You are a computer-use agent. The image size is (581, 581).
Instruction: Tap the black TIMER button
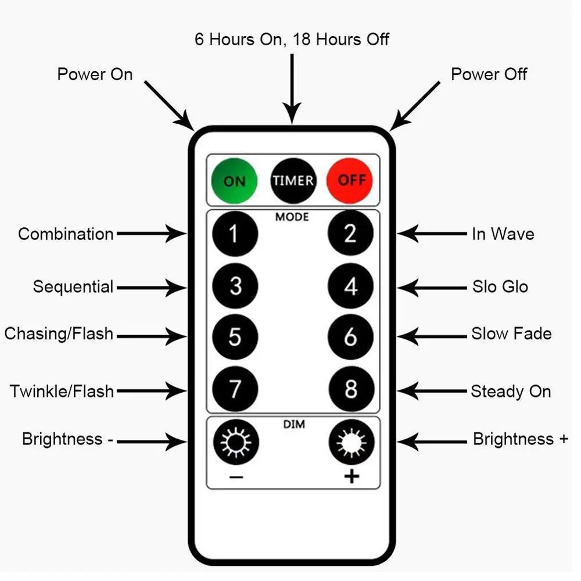(293, 180)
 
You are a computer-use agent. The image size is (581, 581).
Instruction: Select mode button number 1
(234, 234)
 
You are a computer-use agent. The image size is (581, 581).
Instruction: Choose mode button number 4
(350, 286)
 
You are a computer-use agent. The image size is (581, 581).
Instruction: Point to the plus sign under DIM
(352, 477)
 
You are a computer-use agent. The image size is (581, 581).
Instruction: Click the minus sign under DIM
(236, 477)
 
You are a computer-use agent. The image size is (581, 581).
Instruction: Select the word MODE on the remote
(292, 217)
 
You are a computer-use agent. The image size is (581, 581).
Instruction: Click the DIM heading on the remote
(293, 425)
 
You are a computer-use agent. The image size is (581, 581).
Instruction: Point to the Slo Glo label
(500, 286)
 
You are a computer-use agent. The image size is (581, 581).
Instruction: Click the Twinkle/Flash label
(62, 391)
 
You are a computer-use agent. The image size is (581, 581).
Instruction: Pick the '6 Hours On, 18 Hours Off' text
(292, 40)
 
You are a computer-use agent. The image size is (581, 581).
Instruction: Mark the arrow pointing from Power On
(168, 105)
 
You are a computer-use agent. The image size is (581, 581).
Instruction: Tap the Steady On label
(510, 391)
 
